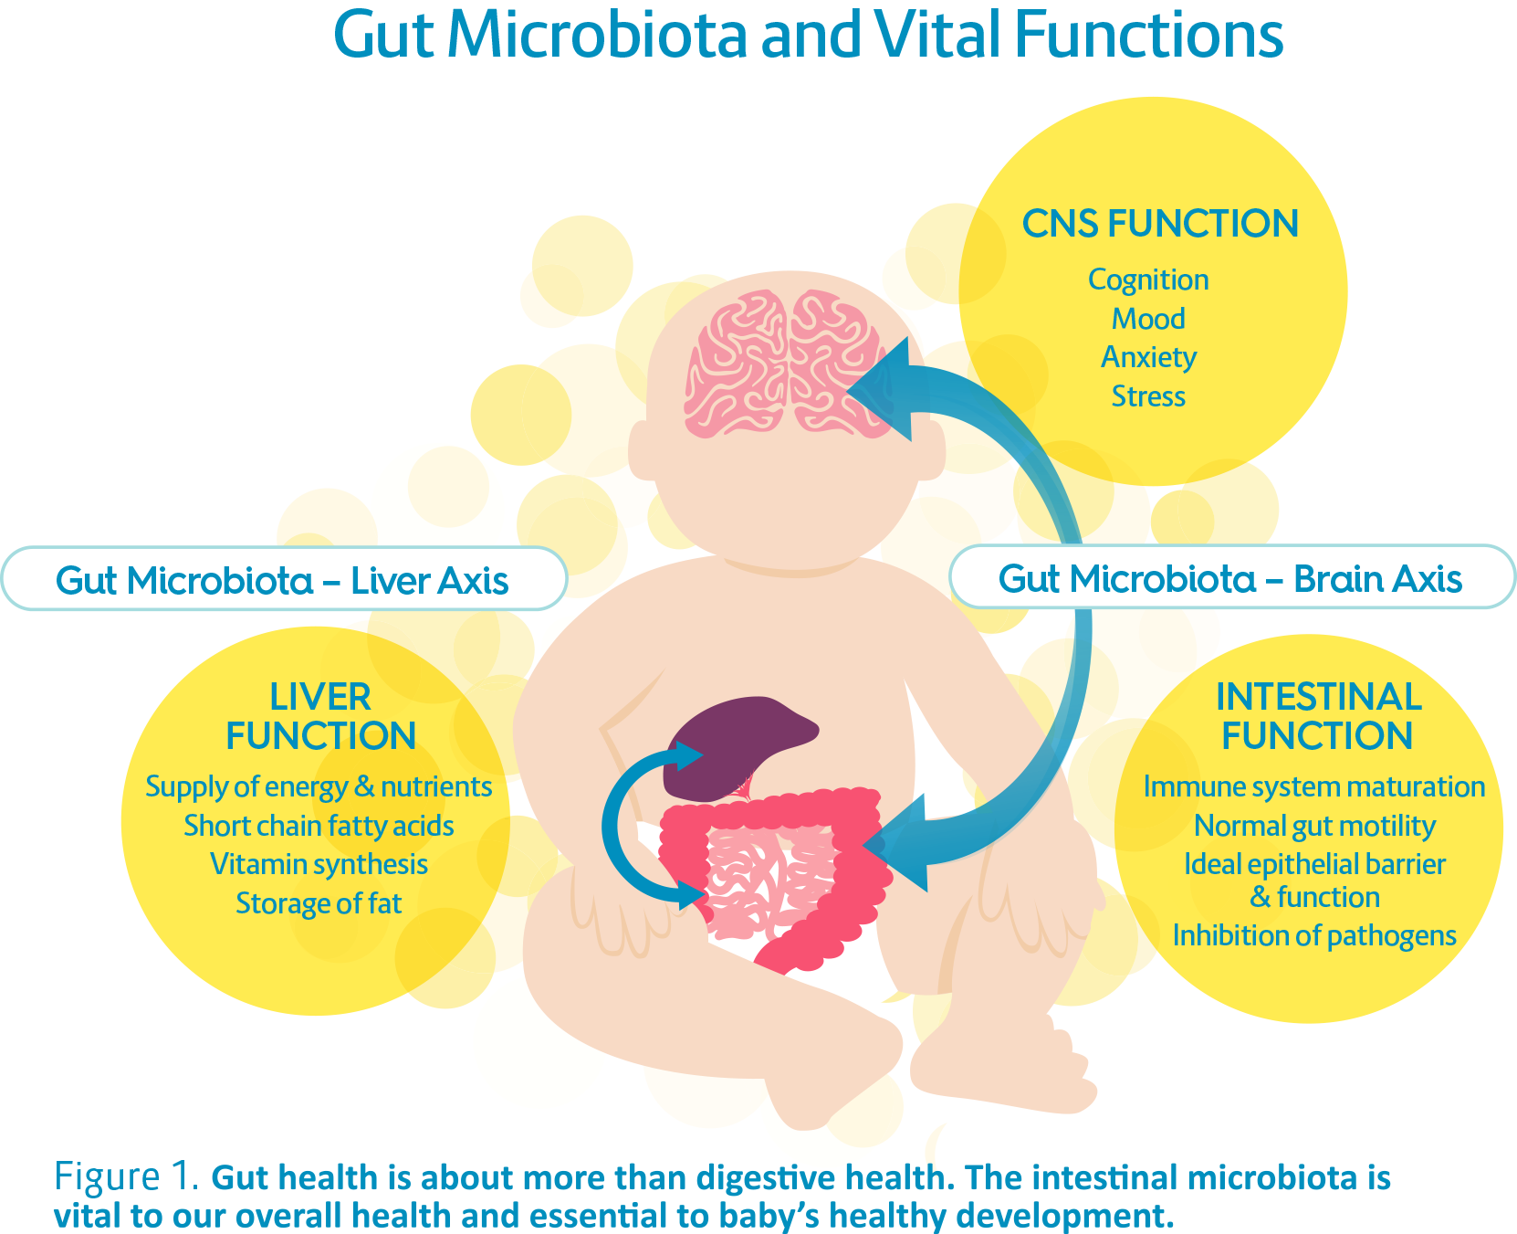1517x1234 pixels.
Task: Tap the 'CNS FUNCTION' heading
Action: [1159, 224]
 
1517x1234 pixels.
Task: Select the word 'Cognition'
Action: [1148, 279]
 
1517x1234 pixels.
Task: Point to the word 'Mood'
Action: [1148, 319]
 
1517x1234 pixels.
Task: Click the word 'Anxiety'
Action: [1148, 357]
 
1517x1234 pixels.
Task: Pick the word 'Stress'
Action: [1148, 396]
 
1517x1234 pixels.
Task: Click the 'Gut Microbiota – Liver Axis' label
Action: [282, 580]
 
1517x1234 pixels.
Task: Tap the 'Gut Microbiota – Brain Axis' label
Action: [1229, 578]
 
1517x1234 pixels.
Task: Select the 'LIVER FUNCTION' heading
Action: [320, 716]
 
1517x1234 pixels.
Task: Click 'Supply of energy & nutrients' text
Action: [319, 786]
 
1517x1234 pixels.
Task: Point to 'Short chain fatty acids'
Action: [319, 826]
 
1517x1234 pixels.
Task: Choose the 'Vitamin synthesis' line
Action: [319, 864]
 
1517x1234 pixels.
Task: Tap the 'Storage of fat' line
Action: [319, 903]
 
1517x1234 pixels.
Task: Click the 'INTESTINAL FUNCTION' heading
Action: [1317, 716]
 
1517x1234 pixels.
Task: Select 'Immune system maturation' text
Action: [1313, 786]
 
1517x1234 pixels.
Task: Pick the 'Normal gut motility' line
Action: [1314, 826]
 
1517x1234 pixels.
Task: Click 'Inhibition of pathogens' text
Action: [1314, 935]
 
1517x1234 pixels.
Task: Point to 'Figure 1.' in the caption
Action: [126, 1176]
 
